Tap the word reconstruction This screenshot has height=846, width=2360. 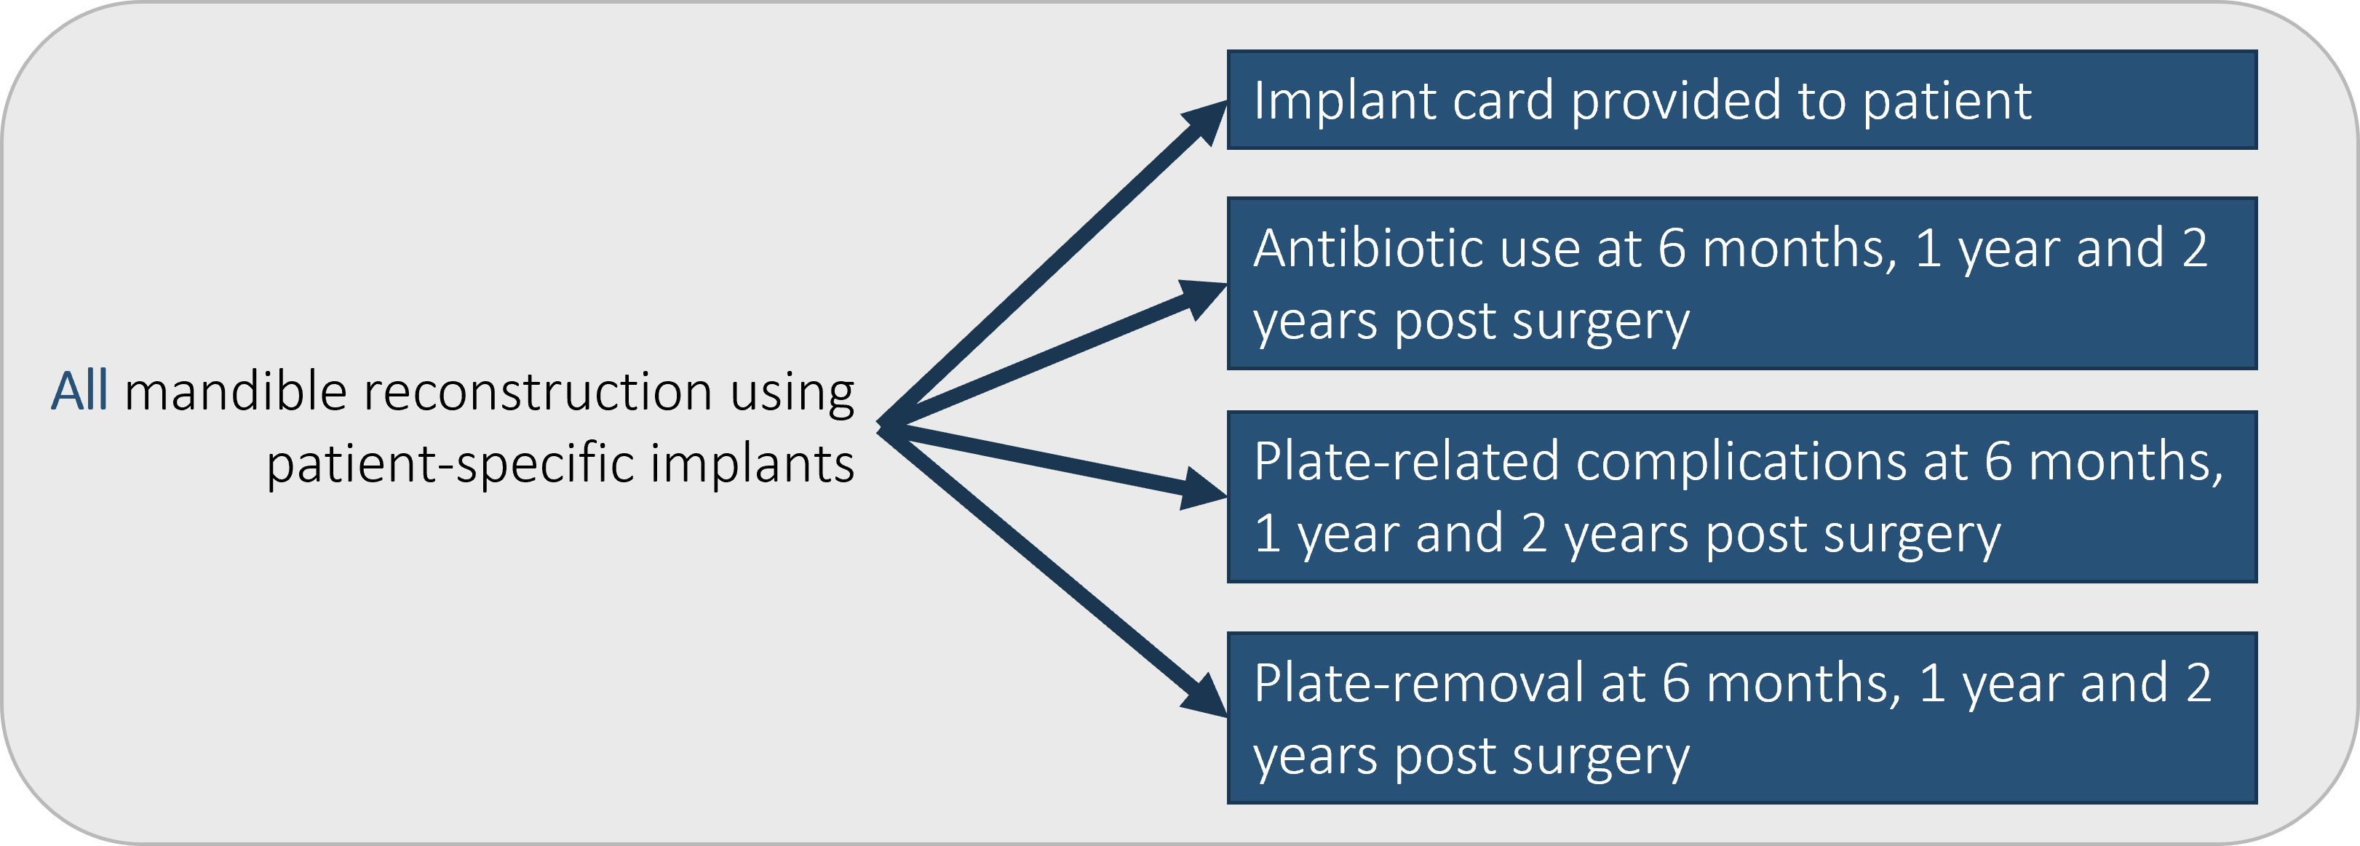click(x=538, y=392)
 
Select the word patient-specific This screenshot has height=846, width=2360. click(x=450, y=463)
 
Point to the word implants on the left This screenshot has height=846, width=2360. click(x=752, y=463)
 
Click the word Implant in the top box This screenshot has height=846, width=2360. click(x=1344, y=100)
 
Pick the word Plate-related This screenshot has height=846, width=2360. click(x=1405, y=461)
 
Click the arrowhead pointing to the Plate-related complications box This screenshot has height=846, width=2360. click(x=1204, y=490)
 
